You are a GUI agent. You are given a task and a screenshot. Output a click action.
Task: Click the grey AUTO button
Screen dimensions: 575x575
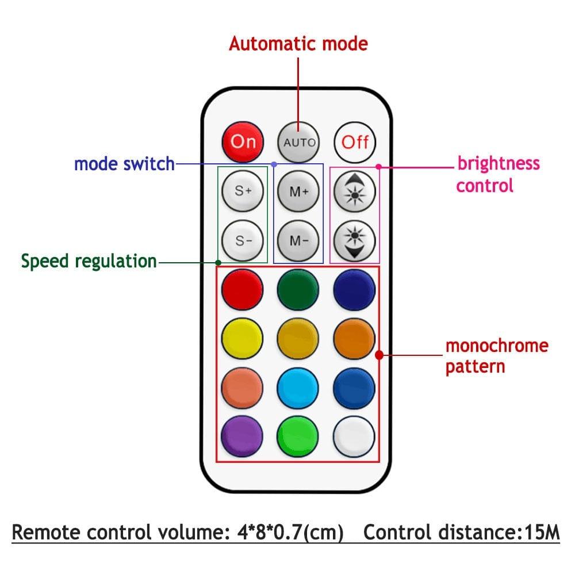298,141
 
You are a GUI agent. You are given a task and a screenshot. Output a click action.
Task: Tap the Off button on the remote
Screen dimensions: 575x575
355,141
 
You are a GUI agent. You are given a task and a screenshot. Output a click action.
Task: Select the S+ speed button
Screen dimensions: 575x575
242,191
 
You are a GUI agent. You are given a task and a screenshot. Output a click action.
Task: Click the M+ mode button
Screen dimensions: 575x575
298,191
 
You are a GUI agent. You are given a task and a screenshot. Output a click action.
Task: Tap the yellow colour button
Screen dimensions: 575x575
242,337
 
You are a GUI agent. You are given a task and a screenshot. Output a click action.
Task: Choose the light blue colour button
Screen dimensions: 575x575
298,386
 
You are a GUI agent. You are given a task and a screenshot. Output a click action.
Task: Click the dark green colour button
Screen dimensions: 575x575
298,289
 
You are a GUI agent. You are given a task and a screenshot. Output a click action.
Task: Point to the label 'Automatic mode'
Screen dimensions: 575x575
298,44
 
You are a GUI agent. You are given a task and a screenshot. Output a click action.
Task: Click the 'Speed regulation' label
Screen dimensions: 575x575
89,261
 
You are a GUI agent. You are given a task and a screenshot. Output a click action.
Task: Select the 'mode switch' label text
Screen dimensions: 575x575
124,164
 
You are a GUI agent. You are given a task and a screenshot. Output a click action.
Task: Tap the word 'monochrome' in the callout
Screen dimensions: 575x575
497,346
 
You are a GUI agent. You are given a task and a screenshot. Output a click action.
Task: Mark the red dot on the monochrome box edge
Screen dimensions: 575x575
379,355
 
